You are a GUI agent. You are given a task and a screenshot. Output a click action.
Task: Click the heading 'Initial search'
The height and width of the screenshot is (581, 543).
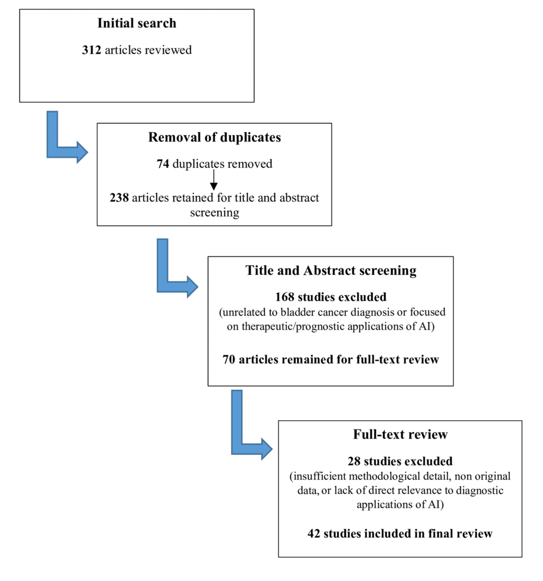pyautogui.click(x=137, y=23)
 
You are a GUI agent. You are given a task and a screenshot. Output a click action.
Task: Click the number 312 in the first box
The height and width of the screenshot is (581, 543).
pyautogui.click(x=91, y=50)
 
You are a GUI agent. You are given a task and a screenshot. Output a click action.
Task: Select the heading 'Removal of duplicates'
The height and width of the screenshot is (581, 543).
pyautogui.click(x=214, y=137)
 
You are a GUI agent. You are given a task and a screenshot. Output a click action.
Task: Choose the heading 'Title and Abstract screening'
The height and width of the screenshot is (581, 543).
pyautogui.click(x=330, y=270)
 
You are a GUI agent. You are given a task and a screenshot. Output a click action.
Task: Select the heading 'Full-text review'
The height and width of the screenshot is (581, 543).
pyautogui.click(x=400, y=434)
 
